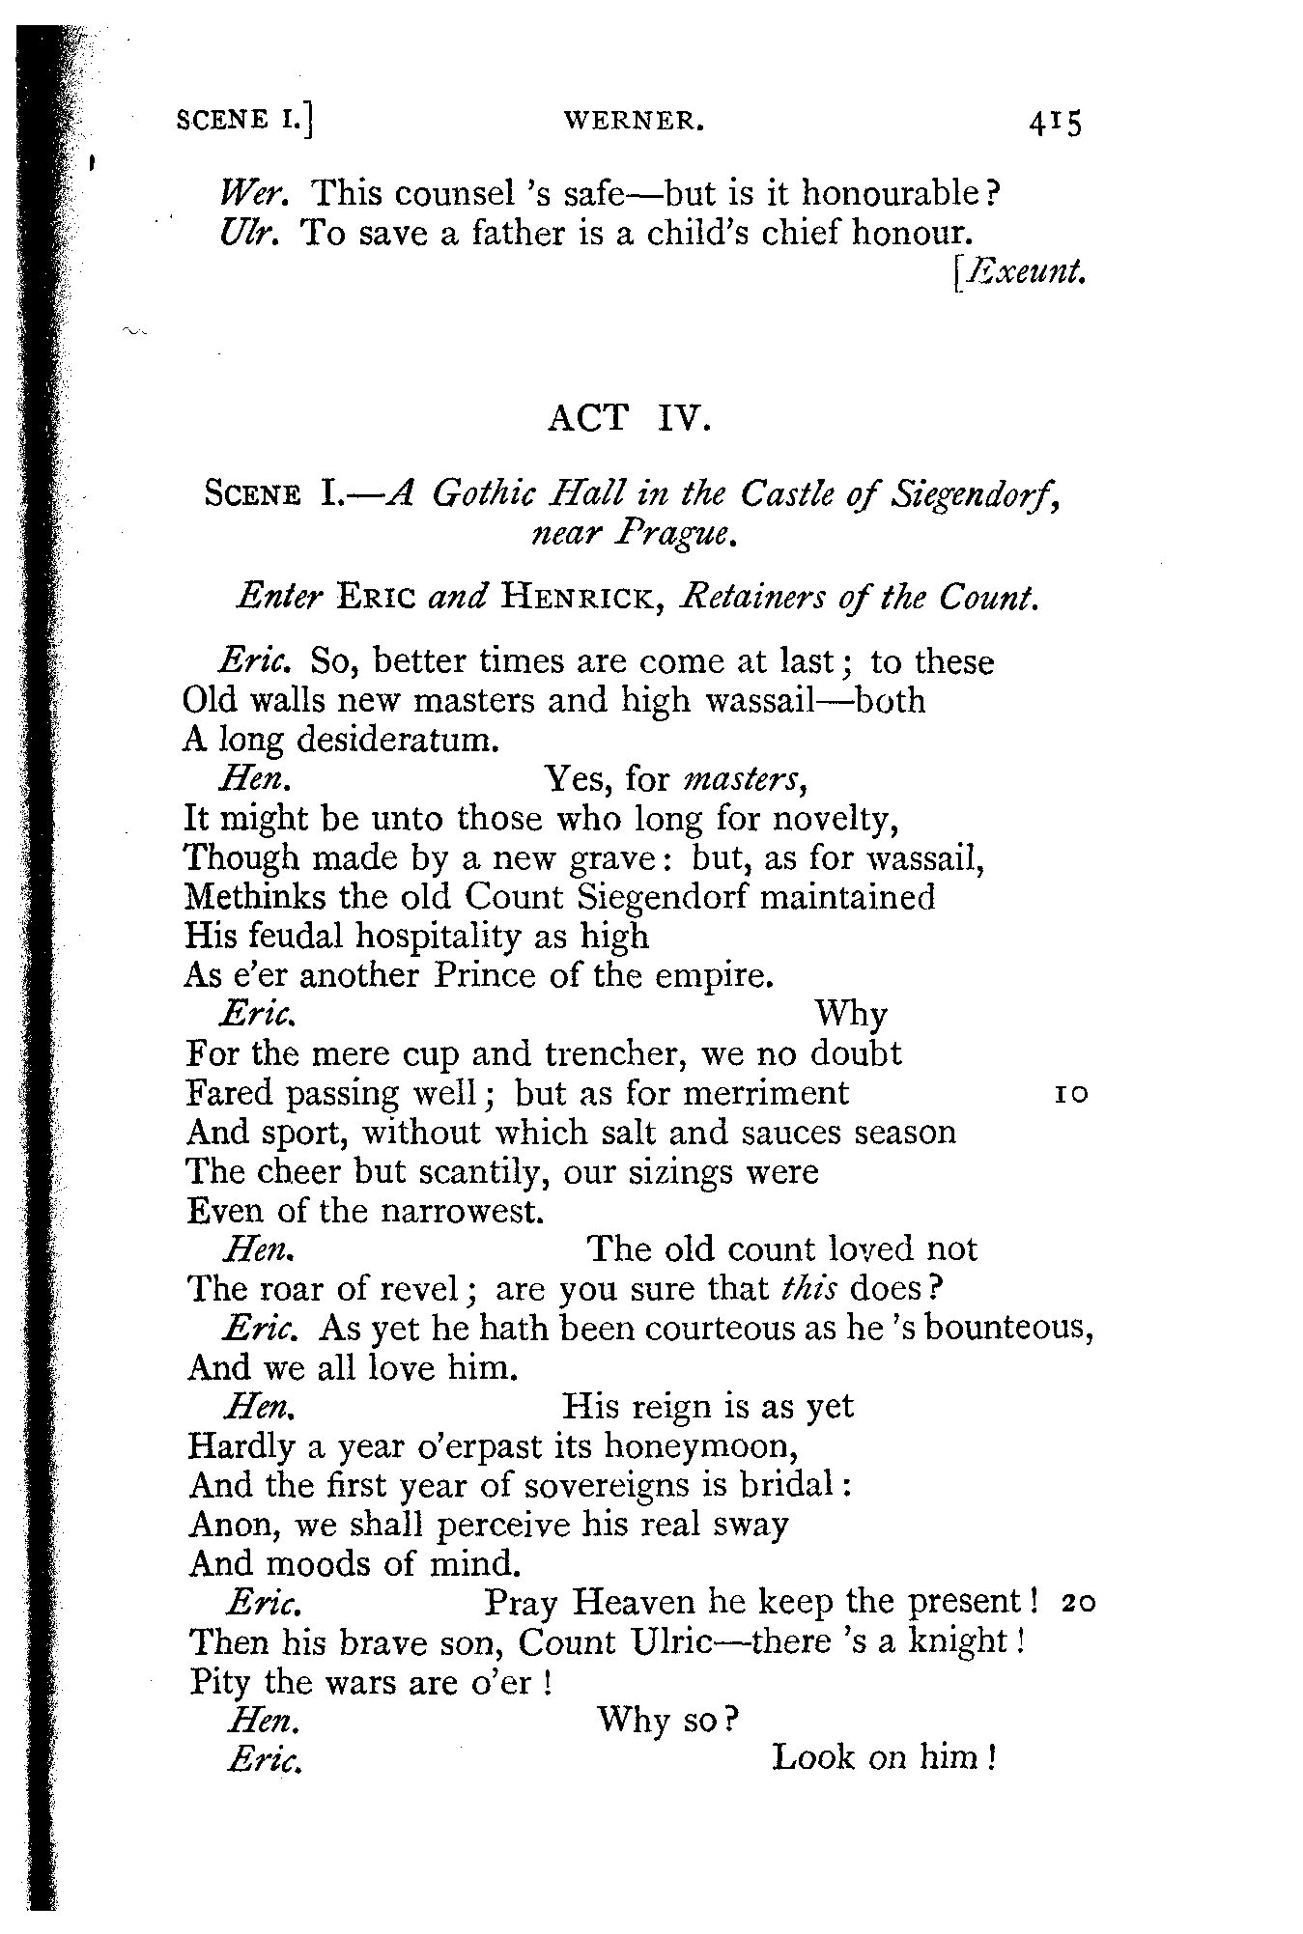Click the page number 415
(x=1055, y=123)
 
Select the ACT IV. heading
(x=629, y=420)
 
